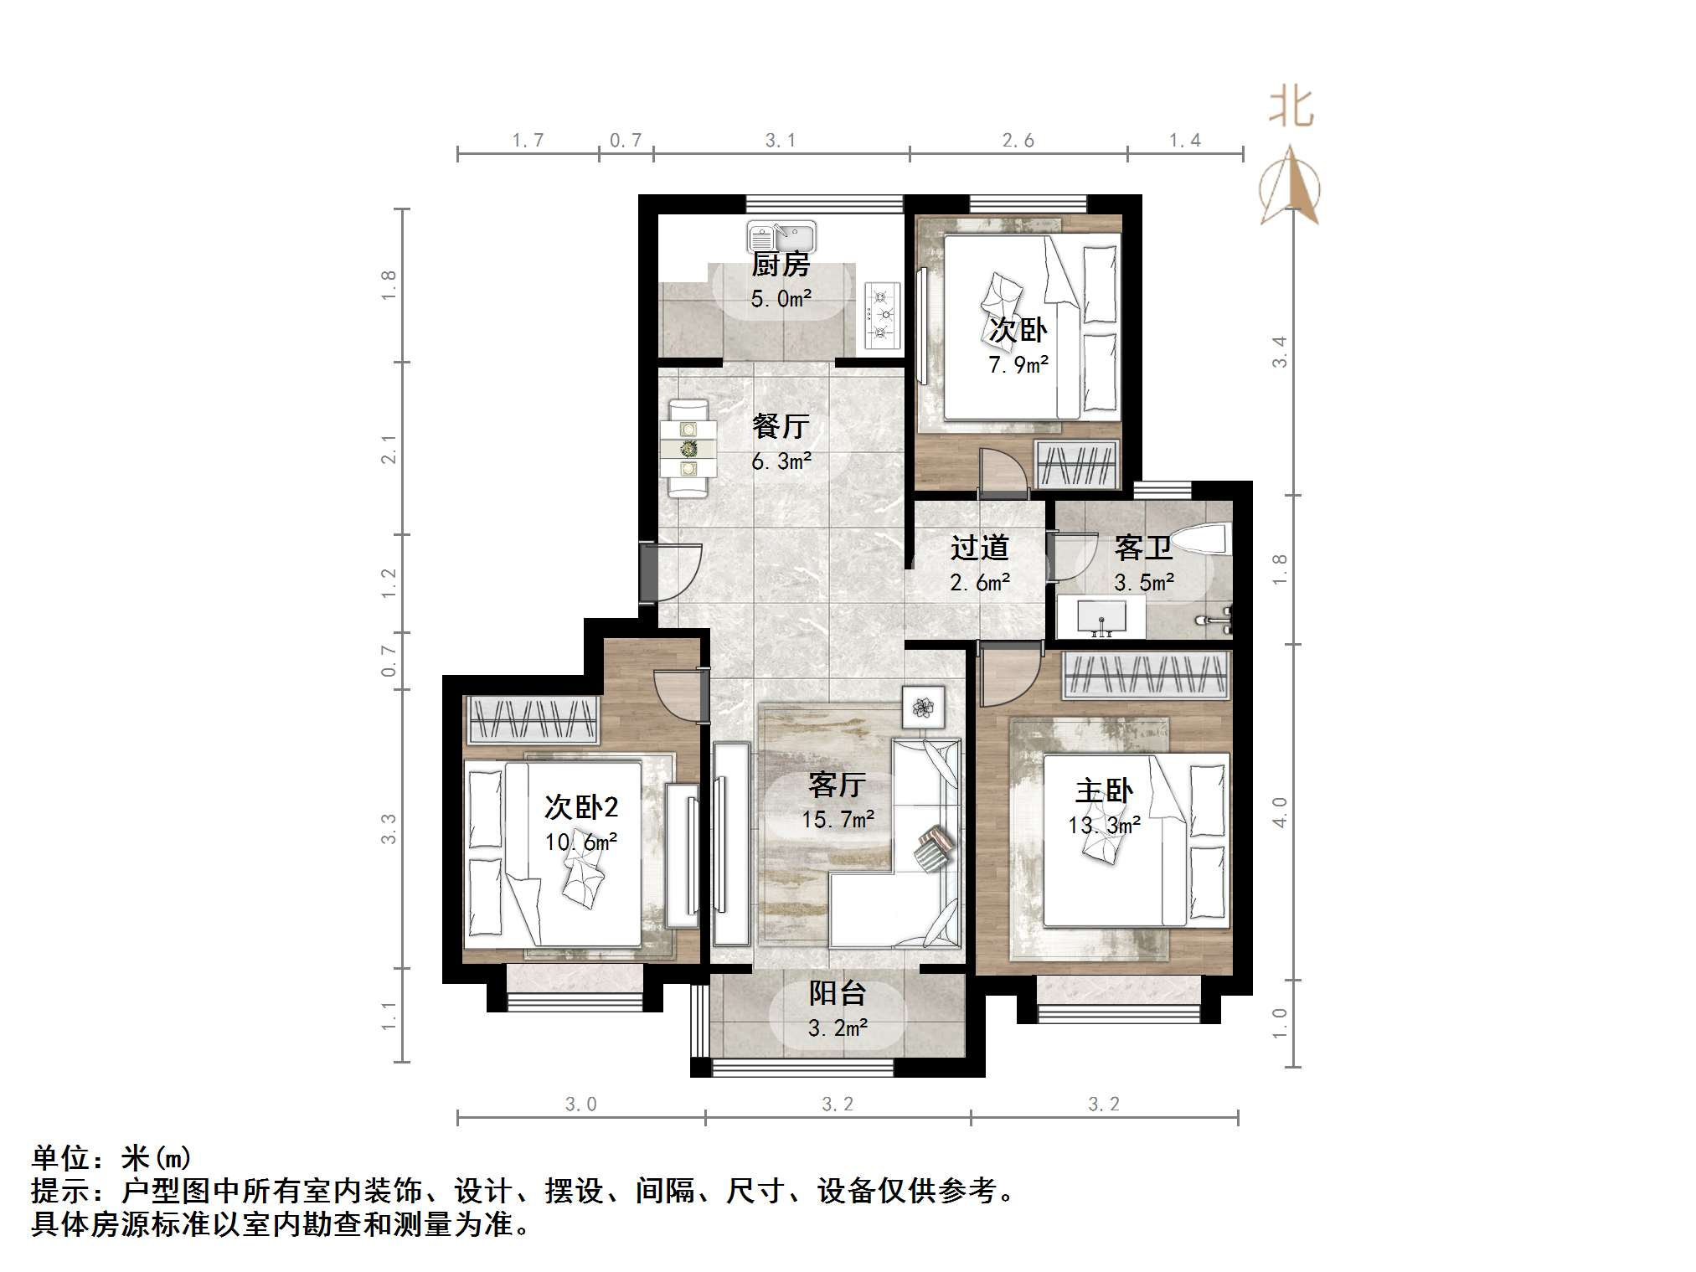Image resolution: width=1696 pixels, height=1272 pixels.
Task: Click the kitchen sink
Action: (x=781, y=236)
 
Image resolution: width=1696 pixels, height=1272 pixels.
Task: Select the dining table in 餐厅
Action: (x=688, y=449)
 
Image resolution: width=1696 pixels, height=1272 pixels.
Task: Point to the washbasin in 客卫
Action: (x=1100, y=616)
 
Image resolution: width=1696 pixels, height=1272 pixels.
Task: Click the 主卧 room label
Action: (x=1104, y=790)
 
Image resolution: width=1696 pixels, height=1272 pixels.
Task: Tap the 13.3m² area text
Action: (x=1104, y=826)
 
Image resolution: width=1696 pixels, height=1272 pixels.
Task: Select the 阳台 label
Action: (x=837, y=993)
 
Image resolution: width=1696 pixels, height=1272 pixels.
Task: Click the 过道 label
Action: (x=979, y=548)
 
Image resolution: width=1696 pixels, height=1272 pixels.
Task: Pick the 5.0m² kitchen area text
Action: (x=781, y=299)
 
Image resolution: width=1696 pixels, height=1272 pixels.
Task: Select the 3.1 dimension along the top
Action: (x=780, y=141)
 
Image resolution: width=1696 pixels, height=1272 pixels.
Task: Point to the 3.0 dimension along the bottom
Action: (x=580, y=1105)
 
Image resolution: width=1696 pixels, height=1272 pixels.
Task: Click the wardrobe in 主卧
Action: (x=1146, y=675)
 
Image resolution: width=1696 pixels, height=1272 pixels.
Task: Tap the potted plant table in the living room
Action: (x=923, y=707)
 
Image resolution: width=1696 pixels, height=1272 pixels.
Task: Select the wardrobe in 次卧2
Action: (x=533, y=719)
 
